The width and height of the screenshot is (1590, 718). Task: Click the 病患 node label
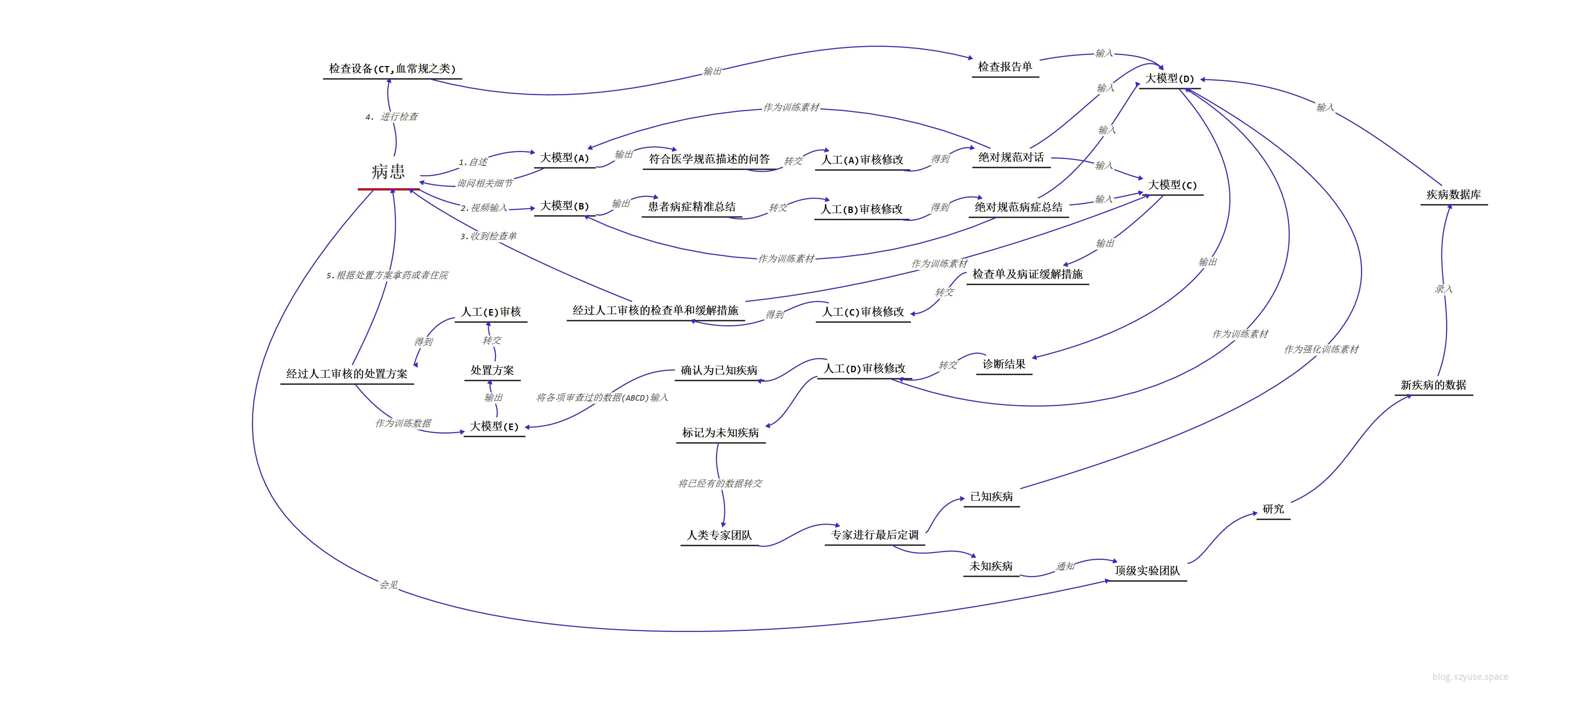coord(388,171)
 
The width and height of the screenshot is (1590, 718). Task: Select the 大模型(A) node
coord(564,158)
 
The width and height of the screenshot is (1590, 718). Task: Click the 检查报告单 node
coord(1005,67)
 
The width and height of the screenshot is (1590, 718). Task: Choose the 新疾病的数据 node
coord(1433,385)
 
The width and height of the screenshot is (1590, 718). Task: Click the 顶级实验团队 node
coord(1147,571)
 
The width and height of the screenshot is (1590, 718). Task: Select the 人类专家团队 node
coord(719,535)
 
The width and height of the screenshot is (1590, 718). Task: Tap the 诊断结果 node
coord(1004,364)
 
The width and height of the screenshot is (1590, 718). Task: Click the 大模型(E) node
coord(494,426)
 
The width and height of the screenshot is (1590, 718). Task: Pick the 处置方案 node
coord(492,370)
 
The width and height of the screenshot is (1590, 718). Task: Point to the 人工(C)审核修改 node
coord(863,312)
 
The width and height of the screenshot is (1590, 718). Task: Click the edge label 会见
coord(389,584)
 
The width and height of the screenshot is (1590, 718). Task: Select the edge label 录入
coord(1443,289)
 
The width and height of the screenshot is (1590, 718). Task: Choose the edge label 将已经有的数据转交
coord(720,483)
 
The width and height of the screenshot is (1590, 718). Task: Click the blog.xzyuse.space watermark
coord(1470,677)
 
